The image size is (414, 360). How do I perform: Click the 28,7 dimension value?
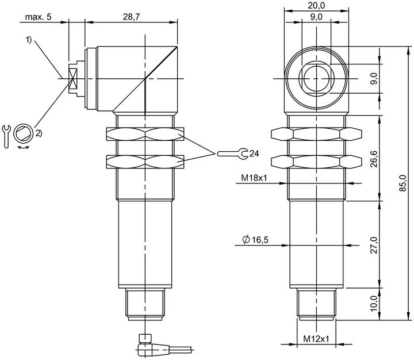[x=131, y=17]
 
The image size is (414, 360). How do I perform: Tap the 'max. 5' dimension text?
[x=39, y=17]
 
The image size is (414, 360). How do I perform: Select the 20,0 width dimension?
[x=316, y=5]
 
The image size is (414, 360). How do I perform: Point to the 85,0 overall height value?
[x=402, y=183]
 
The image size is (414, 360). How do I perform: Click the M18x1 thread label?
[x=254, y=178]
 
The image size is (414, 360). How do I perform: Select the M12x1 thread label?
[x=316, y=339]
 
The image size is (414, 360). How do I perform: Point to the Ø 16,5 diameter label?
[x=255, y=240]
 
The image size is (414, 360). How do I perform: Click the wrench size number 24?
[x=254, y=154]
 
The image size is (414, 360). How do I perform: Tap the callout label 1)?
[x=29, y=40]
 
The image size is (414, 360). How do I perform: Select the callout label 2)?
[x=39, y=133]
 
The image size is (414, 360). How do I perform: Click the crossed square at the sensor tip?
[x=72, y=78]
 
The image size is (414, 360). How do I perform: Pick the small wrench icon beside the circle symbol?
[x=6, y=136]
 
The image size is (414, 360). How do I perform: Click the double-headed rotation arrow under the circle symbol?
[x=24, y=147]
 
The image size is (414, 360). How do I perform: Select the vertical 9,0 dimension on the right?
[x=374, y=78]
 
